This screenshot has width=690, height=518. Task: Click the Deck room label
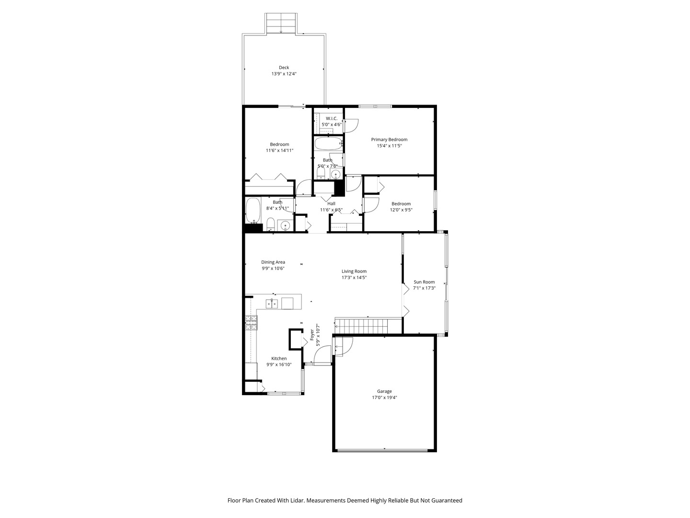coord(284,68)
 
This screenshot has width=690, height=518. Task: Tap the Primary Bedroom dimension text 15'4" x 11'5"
coord(389,146)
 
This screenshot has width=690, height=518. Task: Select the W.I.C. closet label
coord(332,118)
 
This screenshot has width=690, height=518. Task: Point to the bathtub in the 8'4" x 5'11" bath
coord(253,211)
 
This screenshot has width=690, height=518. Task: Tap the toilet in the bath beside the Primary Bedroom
coord(322,173)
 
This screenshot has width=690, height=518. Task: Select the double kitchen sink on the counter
coord(272,303)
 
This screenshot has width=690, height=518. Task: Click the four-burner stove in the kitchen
coord(251,323)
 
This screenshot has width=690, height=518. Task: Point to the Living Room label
coord(354,271)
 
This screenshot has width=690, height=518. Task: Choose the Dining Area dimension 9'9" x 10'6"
coord(273,269)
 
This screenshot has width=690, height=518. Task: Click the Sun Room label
coord(424,282)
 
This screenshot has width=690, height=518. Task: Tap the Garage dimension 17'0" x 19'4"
coord(384,398)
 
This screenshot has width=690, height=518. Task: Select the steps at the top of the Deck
coord(281,23)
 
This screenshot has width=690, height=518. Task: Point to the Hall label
coord(331,204)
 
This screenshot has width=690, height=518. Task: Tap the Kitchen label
coord(279,358)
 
